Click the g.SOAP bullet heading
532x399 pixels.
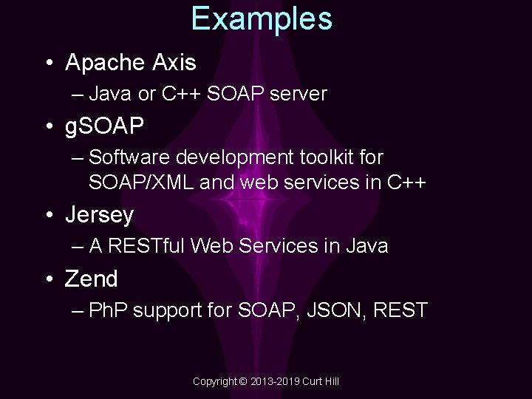click(x=104, y=127)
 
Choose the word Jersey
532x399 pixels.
click(x=99, y=215)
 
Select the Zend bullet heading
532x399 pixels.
click(x=92, y=279)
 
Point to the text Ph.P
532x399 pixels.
click(x=108, y=310)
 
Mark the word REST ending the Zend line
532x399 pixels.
click(x=400, y=310)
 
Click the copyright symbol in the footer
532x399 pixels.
click(x=243, y=381)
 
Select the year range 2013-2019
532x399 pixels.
click(x=273, y=381)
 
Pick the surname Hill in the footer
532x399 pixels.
click(x=330, y=381)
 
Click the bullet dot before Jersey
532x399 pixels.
click(x=49, y=216)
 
